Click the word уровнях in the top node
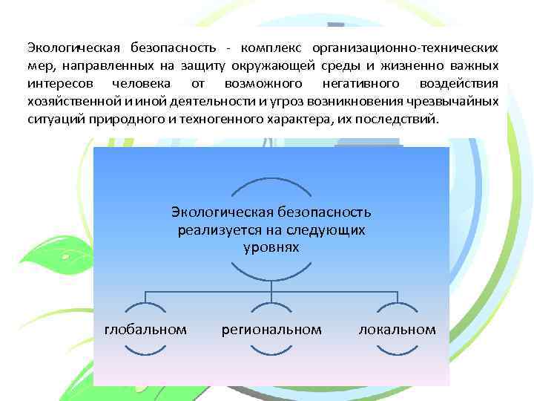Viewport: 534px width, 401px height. pos(271,247)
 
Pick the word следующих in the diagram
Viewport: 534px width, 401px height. pos(329,230)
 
